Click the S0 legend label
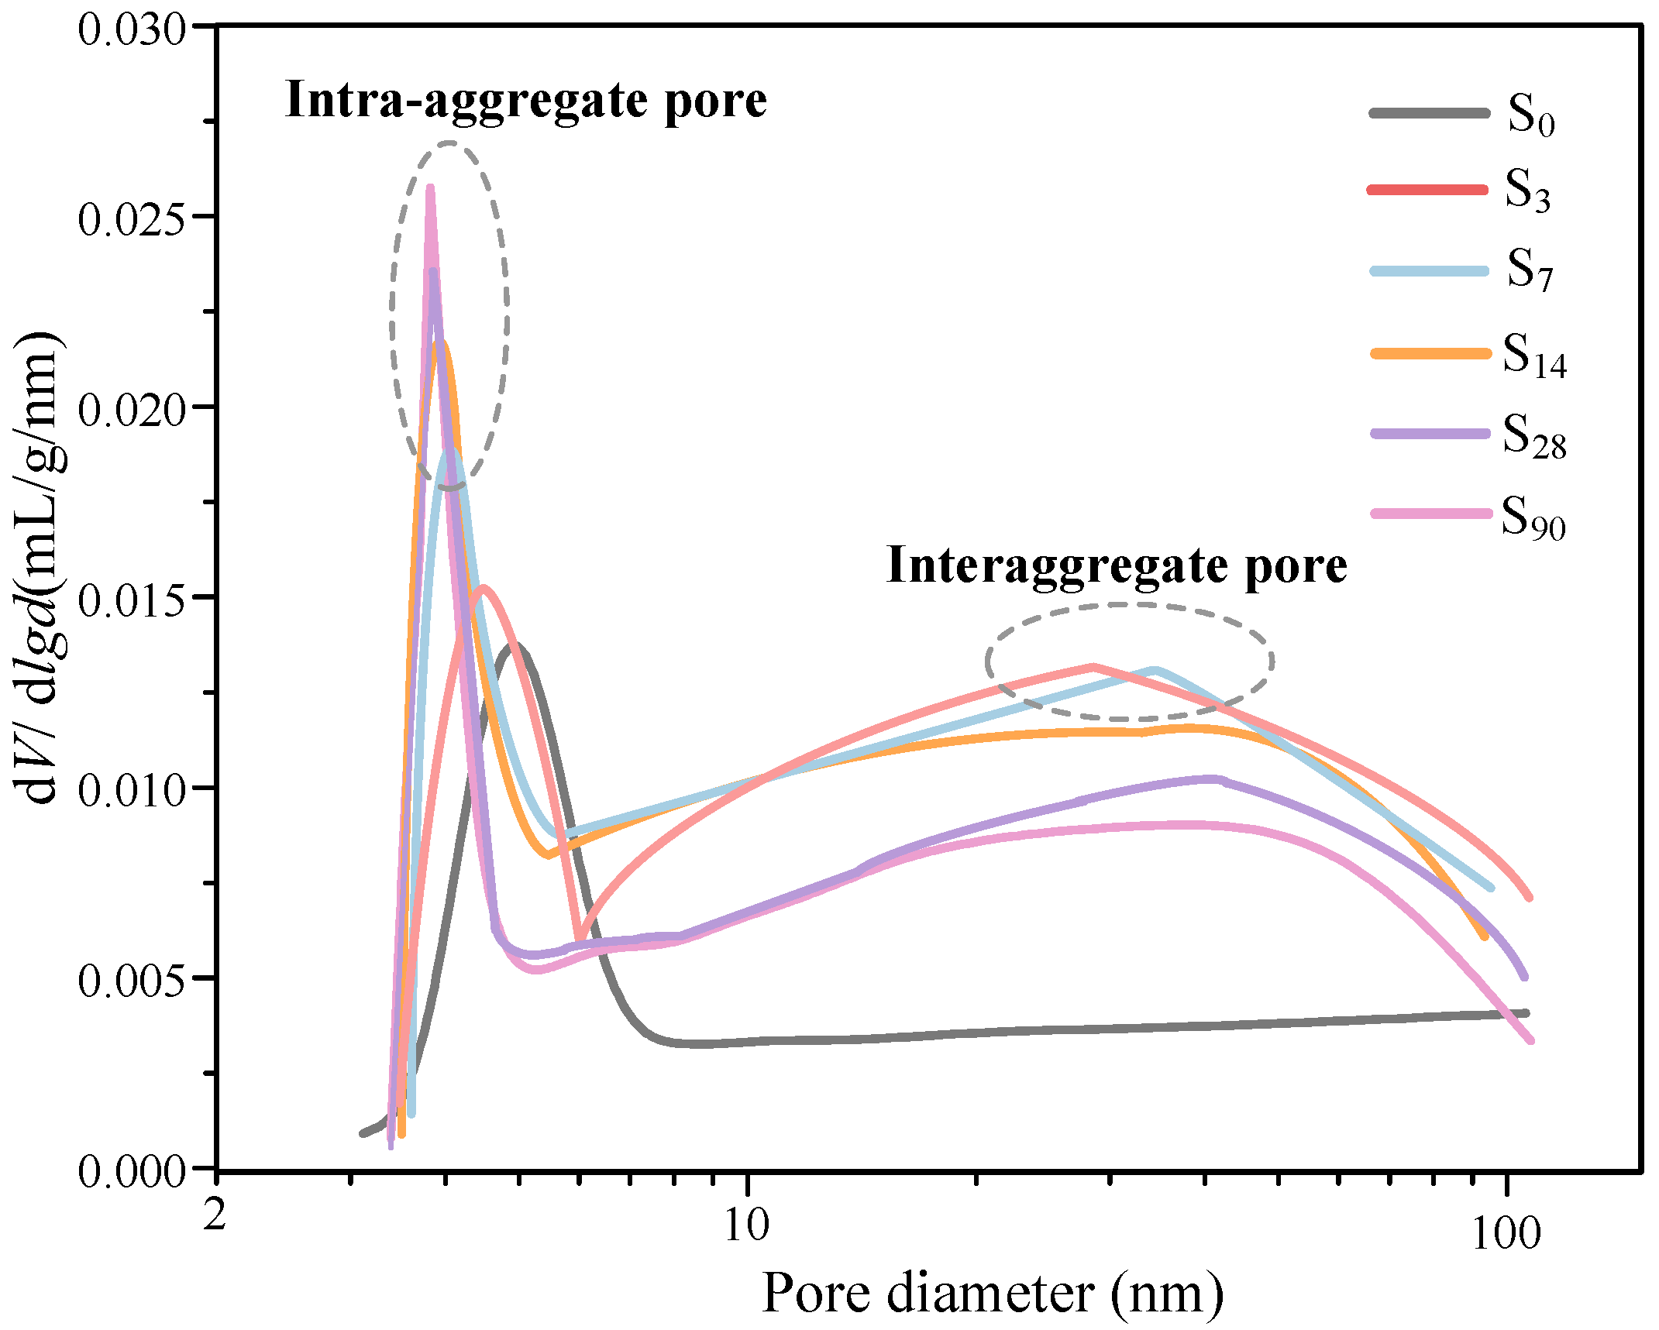1530,116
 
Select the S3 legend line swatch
1427,190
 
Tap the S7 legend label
1529,271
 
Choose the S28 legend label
1534,436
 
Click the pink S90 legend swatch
1430,514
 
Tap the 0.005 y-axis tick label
131,981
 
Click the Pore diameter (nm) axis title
993,1294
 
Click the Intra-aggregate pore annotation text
526,101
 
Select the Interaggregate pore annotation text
1117,565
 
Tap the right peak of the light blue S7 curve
1155,670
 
